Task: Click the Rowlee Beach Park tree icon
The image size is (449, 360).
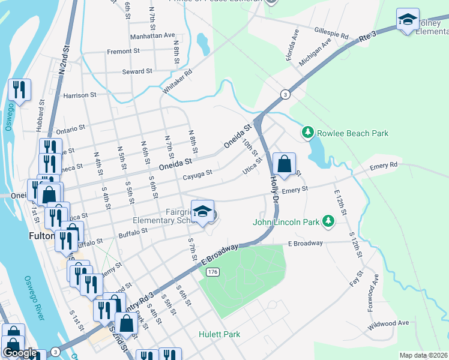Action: pos(307,131)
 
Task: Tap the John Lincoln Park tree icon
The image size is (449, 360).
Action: pos(328,221)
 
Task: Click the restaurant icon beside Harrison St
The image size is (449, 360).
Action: pos(19,90)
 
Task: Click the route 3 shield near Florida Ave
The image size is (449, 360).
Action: pos(285,95)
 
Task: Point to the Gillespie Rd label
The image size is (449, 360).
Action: pos(331,32)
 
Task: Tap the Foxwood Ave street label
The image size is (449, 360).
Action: pos(373,294)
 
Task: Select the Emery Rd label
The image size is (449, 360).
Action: pos(384,165)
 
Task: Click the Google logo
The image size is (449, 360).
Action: pos(20,353)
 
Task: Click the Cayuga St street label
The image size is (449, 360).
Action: pos(197,175)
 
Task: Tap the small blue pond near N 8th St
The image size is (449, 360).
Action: pos(203,43)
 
